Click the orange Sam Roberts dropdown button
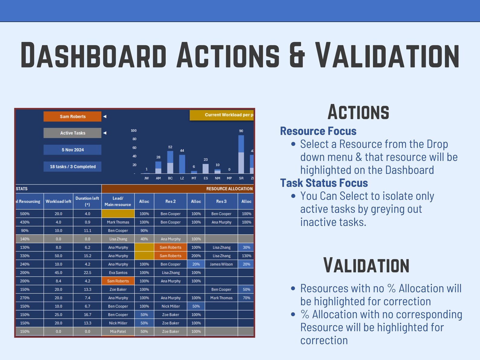72,116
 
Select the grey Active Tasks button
72,133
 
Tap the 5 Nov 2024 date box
72,150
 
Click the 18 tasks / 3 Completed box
72,167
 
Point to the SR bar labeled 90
241,154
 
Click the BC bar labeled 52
170,162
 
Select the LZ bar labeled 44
182,164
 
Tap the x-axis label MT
194,178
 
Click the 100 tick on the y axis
134,131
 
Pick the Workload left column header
58,201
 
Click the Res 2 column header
170,201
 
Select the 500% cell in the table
25,214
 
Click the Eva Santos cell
118,273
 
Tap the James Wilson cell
221,264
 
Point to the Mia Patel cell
118,332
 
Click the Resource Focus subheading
318,131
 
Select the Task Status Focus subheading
324,183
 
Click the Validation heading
366,265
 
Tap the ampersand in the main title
297,55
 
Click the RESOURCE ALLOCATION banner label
229,189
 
